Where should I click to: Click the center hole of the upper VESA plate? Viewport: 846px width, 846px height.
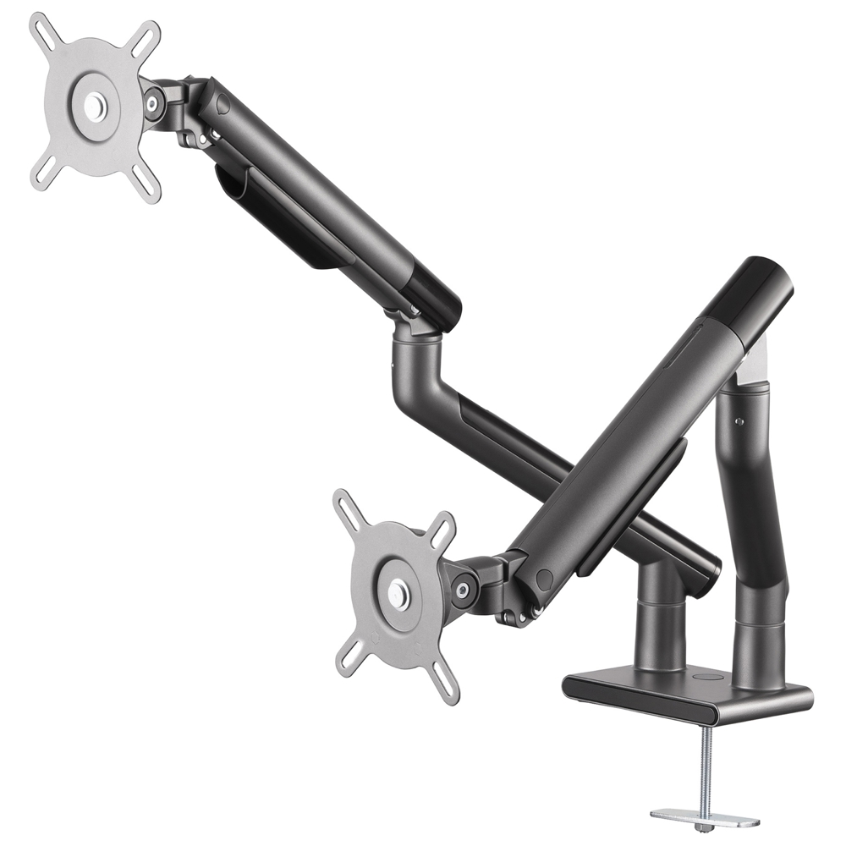[x=95, y=107]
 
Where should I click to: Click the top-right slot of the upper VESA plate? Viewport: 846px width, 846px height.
[x=149, y=36]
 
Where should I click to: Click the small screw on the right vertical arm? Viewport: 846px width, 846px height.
[x=739, y=420]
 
